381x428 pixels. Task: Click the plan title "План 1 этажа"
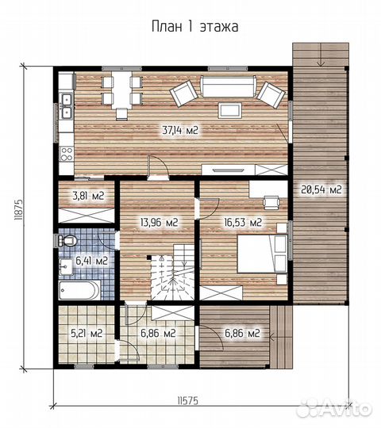click(195, 27)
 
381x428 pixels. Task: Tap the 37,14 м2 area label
click(180, 131)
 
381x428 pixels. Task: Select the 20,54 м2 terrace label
click(321, 189)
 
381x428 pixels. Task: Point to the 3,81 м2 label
click(89, 196)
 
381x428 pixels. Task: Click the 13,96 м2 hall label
click(159, 222)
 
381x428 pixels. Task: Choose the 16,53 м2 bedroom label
click(243, 222)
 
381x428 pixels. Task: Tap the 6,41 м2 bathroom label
click(91, 261)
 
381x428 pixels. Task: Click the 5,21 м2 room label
click(87, 333)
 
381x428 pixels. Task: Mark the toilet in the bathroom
click(67, 240)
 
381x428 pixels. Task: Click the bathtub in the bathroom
click(79, 290)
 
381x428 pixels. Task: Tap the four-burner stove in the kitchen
click(67, 154)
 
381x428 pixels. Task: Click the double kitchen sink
click(67, 105)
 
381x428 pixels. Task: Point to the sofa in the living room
click(228, 86)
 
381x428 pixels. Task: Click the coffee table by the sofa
click(230, 110)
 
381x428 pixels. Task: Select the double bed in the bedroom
click(262, 254)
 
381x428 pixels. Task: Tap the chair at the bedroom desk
click(271, 202)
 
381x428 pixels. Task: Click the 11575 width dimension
click(187, 401)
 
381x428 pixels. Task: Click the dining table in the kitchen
click(121, 90)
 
